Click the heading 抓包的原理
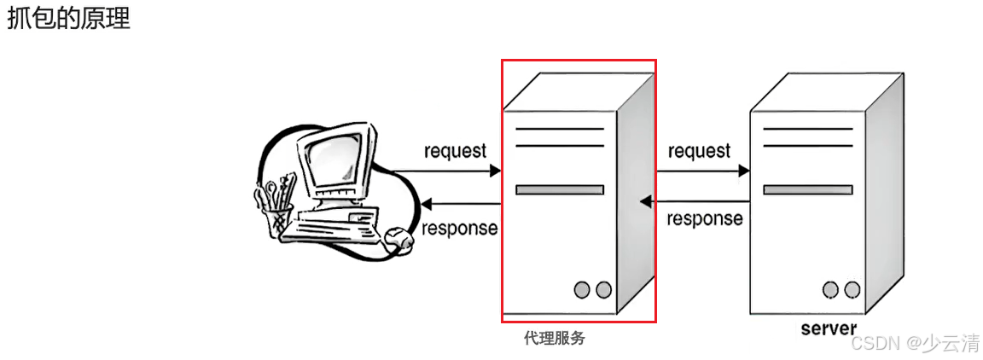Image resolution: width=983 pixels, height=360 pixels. (68, 19)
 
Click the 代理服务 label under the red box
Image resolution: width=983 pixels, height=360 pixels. (555, 339)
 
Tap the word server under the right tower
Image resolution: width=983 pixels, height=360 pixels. (829, 328)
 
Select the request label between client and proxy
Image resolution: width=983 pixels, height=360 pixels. (455, 151)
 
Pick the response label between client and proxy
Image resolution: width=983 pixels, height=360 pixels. (459, 228)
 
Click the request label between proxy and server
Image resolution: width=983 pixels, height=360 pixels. (699, 151)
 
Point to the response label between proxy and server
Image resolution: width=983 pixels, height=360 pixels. (704, 218)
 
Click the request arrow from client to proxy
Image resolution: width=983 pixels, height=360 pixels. (452, 171)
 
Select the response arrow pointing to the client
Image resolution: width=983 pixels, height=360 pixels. (461, 204)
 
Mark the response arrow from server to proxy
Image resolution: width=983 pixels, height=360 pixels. (695, 202)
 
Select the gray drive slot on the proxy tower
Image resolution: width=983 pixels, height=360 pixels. (559, 189)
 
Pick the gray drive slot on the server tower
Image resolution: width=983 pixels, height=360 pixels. (807, 189)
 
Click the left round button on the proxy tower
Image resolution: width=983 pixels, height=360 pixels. (582, 289)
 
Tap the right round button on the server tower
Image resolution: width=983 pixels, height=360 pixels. (851, 289)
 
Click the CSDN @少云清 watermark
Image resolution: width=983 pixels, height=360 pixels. (916, 343)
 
